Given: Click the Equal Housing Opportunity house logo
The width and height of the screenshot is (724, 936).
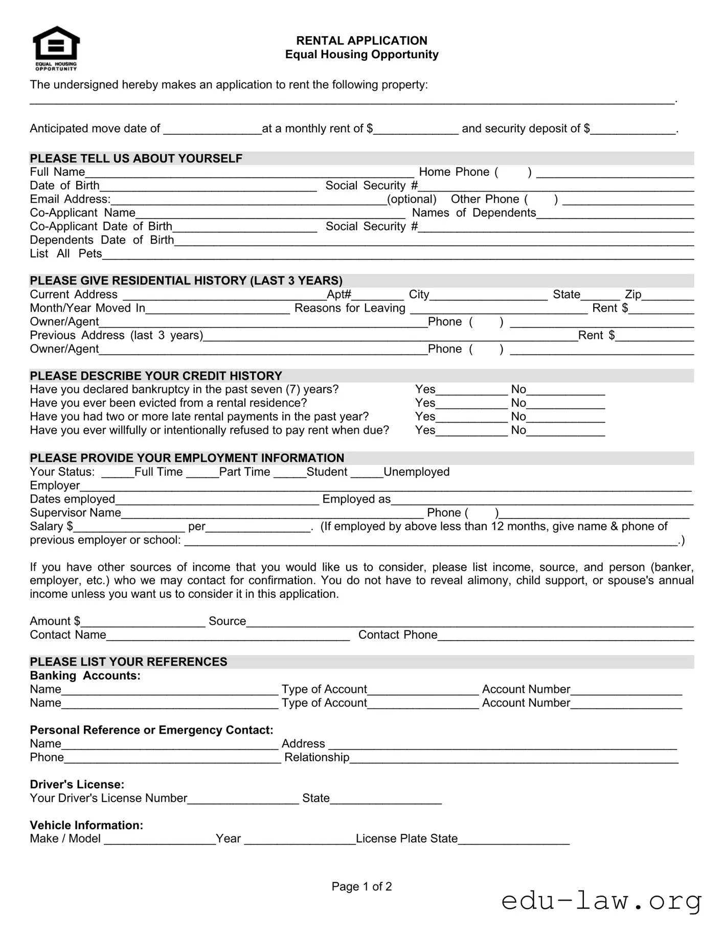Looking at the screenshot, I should click(56, 48).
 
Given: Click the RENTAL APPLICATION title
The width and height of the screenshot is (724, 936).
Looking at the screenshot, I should click(361, 40).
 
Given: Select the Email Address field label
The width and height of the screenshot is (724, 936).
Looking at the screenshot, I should click(70, 199).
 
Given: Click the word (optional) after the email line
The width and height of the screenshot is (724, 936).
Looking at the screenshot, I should click(412, 199).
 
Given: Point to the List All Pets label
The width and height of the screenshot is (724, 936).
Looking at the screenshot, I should click(65, 254).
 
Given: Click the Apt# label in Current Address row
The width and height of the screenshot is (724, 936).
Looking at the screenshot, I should click(339, 294).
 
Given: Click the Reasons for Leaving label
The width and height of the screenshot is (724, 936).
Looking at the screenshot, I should click(350, 308).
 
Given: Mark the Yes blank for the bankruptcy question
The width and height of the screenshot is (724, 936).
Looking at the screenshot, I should click(471, 391).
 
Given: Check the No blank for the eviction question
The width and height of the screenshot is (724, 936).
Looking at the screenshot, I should click(565, 405).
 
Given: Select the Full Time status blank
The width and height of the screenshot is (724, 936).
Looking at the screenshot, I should click(117, 474).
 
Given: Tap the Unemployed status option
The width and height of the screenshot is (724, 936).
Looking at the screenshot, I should click(416, 472).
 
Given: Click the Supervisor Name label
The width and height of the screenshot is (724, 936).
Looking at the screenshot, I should click(75, 513).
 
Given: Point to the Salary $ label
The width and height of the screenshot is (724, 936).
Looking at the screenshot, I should click(51, 526).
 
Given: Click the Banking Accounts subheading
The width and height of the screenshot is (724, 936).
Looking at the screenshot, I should click(85, 676).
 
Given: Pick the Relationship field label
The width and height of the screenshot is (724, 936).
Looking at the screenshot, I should click(316, 758).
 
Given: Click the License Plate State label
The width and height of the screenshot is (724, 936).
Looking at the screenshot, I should click(406, 839).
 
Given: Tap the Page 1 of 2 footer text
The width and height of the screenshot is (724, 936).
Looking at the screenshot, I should click(361, 886).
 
